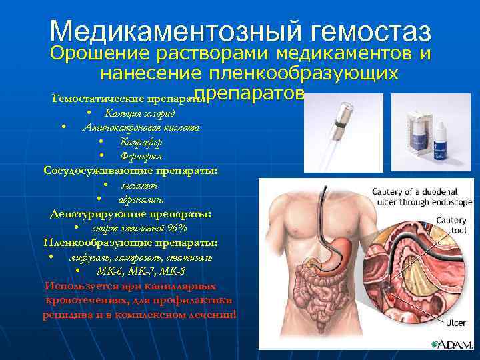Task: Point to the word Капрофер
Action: coord(141,141)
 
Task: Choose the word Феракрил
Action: coord(141,156)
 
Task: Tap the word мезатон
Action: coord(138,185)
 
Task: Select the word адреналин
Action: coord(141,199)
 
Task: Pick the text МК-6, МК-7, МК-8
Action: coord(141,271)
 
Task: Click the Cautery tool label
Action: coord(451,225)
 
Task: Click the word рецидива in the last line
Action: coord(64,315)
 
